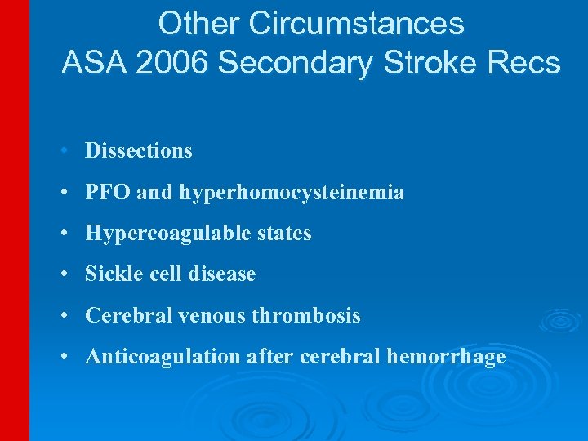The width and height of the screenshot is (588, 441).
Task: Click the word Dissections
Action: (x=139, y=150)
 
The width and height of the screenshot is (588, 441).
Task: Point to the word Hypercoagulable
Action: (x=154, y=234)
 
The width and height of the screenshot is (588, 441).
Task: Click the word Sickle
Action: (x=109, y=274)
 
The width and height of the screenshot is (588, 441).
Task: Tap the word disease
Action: (x=222, y=274)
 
